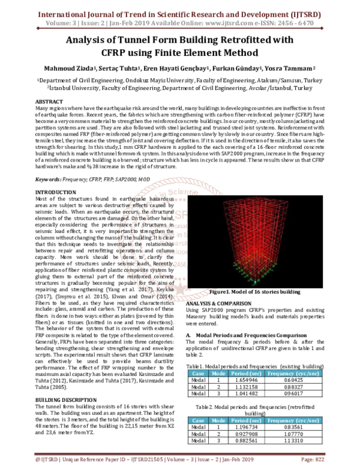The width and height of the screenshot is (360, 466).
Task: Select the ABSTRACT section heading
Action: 50,103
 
